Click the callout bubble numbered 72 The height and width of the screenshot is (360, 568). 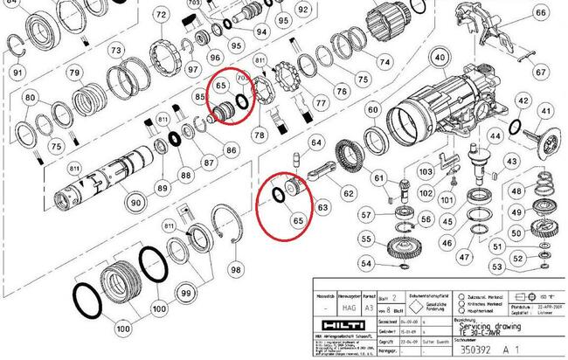click(160, 16)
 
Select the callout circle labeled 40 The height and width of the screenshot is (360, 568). click(440, 59)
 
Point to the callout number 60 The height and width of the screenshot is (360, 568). click(373, 110)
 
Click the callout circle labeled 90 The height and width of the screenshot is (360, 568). click(135, 203)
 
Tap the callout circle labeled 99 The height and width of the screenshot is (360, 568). click(186, 294)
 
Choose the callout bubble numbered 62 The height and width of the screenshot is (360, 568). click(348, 193)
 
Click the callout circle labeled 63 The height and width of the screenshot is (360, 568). click(322, 208)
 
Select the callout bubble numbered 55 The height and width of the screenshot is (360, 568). click(368, 239)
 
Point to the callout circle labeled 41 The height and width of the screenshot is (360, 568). click(544, 113)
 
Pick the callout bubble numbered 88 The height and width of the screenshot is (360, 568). click(185, 174)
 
